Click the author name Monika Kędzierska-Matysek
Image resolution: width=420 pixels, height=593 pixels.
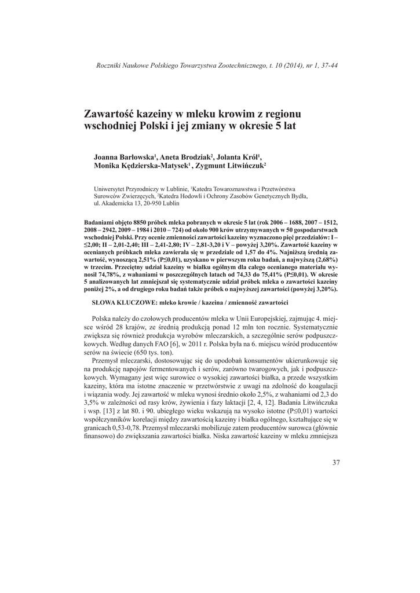click(143, 166)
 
